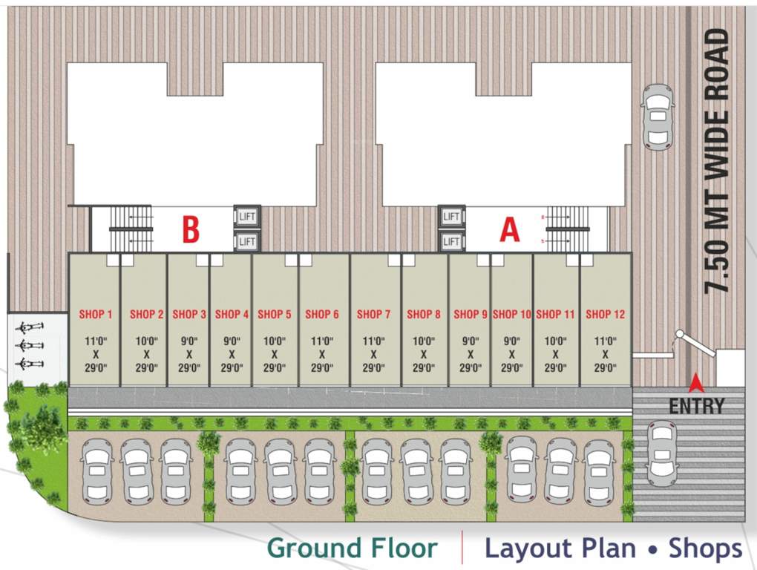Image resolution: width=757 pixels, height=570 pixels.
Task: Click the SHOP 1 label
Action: coord(96,315)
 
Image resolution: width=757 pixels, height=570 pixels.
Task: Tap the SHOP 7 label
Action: coord(373,315)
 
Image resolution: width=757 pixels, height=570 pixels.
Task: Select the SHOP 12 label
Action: coord(605,315)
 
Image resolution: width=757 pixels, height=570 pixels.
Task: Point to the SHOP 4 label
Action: coord(232,315)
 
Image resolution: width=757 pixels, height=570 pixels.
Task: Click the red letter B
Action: coord(191,230)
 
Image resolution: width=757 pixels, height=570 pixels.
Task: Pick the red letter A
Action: coord(510,230)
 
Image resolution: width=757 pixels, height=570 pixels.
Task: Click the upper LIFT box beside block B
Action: coord(247,216)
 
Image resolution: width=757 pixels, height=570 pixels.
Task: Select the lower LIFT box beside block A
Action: coord(451,241)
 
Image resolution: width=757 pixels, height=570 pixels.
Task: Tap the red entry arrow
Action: coord(696,383)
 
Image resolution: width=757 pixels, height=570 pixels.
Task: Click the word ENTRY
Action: coord(696,406)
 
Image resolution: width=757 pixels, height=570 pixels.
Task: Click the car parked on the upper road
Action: coord(658,117)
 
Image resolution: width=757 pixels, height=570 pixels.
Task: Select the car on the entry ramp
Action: coord(662,453)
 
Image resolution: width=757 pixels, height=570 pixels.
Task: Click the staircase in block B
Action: coord(131,229)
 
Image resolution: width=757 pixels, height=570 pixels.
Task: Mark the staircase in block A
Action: coord(568,229)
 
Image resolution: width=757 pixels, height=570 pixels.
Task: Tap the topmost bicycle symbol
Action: coord(28,327)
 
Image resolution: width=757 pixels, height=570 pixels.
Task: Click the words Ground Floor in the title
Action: coord(352,548)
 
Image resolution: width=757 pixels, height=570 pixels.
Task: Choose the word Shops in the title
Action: coord(705,548)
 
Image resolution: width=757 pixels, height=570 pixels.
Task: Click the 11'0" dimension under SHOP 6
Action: coord(321,341)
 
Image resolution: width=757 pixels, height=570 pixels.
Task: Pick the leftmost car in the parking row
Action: coord(96,471)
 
